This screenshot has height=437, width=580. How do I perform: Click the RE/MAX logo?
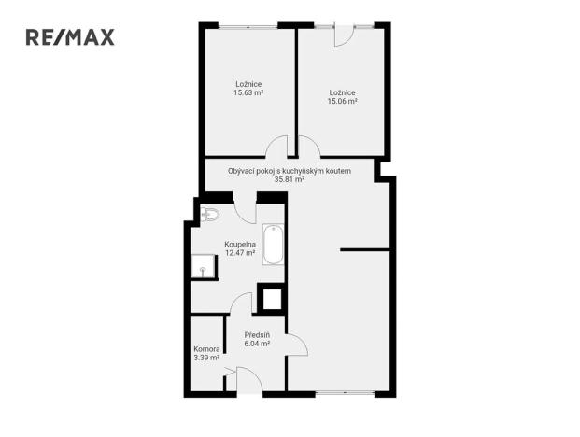[x=70, y=37]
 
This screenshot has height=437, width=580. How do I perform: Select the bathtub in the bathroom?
[x=273, y=244]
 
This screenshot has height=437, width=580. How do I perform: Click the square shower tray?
[x=204, y=267]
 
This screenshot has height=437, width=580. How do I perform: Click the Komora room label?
[x=206, y=348]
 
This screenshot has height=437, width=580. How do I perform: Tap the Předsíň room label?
[x=257, y=334]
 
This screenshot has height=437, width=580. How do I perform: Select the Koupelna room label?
[x=240, y=244]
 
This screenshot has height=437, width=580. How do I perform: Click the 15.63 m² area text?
[x=248, y=93]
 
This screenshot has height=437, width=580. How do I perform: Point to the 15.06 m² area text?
[x=343, y=102]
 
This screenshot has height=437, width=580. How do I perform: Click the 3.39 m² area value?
[x=206, y=357]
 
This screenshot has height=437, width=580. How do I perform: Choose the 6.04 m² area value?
[x=257, y=344]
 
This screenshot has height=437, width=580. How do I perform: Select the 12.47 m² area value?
[x=240, y=252]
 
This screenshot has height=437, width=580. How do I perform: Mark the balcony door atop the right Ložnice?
[x=343, y=34]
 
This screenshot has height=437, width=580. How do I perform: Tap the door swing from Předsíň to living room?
[x=297, y=345]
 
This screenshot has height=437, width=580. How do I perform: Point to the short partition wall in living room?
[x=364, y=249]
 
